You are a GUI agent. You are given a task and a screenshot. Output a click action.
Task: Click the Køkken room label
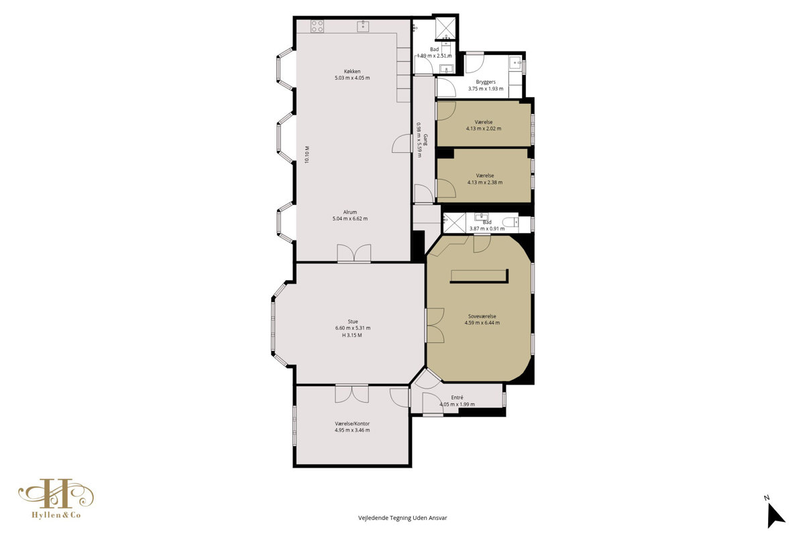352,72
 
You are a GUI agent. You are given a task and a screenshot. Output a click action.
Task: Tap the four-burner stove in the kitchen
317,26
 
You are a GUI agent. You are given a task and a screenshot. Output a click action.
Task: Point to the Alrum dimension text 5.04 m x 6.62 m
350,218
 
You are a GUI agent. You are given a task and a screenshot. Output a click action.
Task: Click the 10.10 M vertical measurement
307,155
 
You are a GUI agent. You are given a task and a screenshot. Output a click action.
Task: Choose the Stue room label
353,322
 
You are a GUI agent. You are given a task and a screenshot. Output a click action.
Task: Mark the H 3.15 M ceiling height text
352,335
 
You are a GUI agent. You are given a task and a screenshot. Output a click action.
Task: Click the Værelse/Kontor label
352,423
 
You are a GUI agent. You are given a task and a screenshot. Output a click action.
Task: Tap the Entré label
457,397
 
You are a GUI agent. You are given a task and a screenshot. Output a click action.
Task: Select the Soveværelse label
482,316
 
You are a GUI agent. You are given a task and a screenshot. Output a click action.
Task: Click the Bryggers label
486,82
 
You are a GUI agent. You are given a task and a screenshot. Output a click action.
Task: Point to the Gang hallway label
425,139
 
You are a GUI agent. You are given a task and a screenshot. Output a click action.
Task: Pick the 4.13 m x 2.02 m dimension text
484,129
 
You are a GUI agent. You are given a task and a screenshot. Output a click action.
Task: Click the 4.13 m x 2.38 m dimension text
485,182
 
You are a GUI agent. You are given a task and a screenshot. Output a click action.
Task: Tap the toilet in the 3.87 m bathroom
511,222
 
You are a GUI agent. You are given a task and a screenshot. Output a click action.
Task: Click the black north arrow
775,516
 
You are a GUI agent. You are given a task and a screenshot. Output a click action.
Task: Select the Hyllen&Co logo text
56,515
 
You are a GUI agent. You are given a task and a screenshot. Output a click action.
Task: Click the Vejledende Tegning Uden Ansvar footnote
402,518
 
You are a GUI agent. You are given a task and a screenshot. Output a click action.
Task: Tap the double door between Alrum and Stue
354,254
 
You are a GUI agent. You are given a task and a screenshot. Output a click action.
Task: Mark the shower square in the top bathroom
445,28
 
